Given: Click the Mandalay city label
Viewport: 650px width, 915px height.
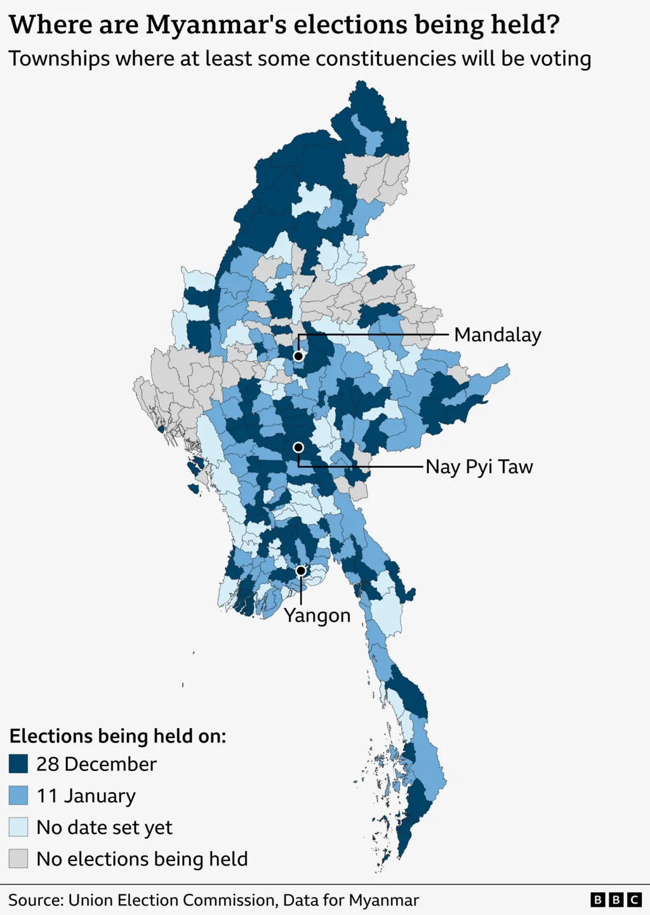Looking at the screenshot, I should click(x=497, y=335).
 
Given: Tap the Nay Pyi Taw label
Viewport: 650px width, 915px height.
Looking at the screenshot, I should click(x=479, y=467).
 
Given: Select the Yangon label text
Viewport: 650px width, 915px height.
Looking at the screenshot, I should click(x=317, y=615).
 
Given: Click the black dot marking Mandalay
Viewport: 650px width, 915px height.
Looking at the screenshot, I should click(x=298, y=356).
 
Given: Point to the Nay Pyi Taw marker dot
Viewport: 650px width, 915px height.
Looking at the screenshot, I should click(x=298, y=448).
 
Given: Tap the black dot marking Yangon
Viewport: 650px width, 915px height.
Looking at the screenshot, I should click(x=301, y=571).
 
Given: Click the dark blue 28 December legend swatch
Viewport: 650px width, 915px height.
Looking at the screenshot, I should click(x=18, y=764).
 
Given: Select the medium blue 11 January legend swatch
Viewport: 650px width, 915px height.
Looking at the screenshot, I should click(x=18, y=796).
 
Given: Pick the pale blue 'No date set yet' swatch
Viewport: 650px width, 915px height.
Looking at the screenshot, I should click(x=18, y=827).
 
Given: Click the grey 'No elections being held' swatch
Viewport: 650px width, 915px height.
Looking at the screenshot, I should click(x=18, y=859).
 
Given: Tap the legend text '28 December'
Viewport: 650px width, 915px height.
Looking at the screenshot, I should click(x=96, y=764).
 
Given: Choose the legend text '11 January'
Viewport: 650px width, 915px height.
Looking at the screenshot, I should click(x=86, y=796).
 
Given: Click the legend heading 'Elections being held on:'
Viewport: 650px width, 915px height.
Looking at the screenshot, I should click(x=117, y=736).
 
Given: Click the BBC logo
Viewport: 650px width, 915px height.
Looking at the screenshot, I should click(x=616, y=900).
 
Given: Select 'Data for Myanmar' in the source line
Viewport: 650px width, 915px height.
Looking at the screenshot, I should click(x=351, y=900).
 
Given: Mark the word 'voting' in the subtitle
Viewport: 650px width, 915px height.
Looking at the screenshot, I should click(x=560, y=59).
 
